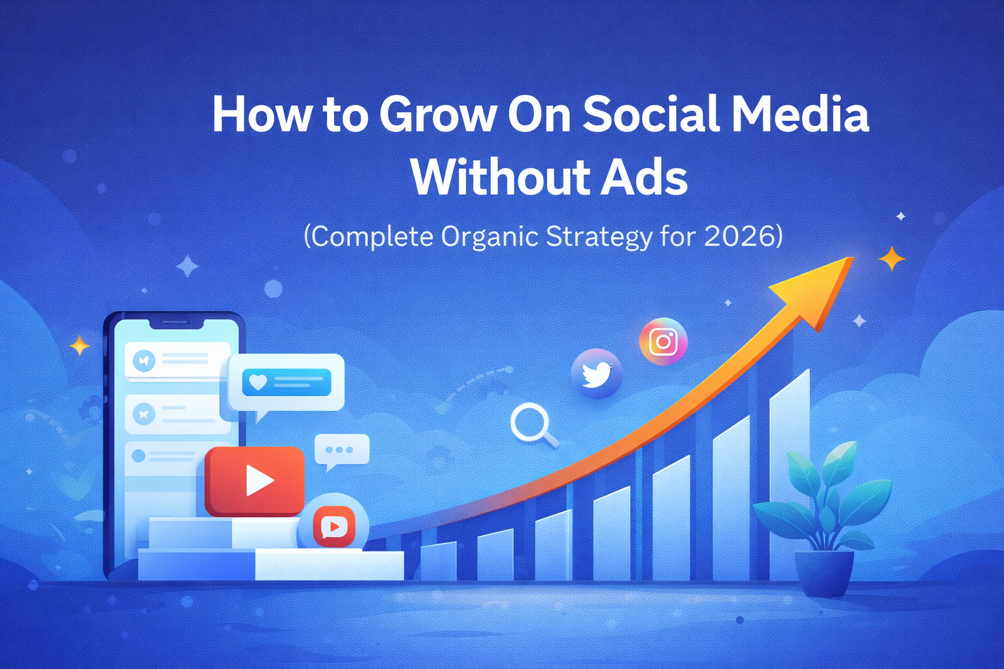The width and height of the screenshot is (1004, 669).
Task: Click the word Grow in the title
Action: pyautogui.click(x=437, y=115)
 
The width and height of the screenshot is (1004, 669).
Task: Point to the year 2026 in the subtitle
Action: pyautogui.click(x=739, y=237)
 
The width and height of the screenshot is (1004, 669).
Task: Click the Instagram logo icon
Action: pyautogui.click(x=663, y=341)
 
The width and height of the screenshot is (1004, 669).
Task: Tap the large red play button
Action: pyautogui.click(x=255, y=481)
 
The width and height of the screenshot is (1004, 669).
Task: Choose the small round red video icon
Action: pyautogui.click(x=334, y=527)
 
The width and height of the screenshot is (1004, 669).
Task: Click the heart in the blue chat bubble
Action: pyautogui.click(x=258, y=382)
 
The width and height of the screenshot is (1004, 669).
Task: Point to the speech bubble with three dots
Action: pyautogui.click(x=341, y=450)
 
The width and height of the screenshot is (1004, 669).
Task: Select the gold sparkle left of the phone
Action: pyautogui.click(x=80, y=345)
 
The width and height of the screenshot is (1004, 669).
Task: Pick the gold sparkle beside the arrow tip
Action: pyautogui.click(x=891, y=259)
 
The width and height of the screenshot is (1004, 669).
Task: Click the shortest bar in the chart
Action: pyautogui.click(x=438, y=562)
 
